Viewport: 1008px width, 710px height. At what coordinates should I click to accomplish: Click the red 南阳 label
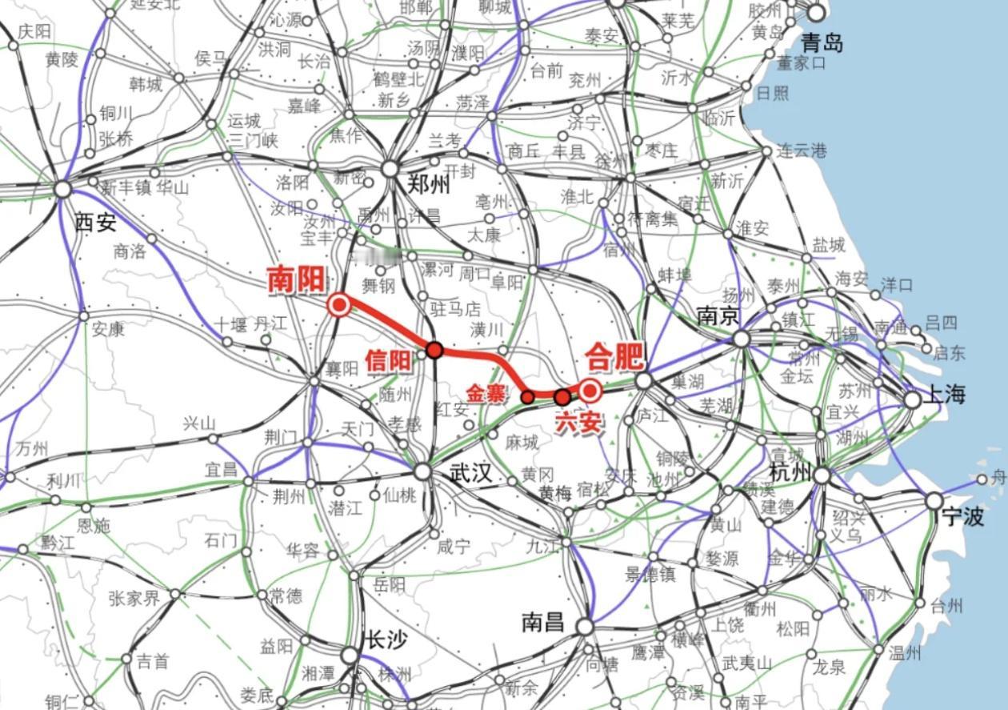click(x=296, y=279)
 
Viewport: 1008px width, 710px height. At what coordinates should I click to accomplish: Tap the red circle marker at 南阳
click(x=339, y=305)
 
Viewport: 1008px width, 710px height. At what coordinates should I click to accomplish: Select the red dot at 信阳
click(x=434, y=350)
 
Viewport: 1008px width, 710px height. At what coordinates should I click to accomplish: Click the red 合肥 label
click(x=614, y=356)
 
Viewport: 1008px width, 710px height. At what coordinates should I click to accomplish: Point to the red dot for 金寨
click(x=528, y=396)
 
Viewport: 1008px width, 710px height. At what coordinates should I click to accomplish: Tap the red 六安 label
click(x=578, y=422)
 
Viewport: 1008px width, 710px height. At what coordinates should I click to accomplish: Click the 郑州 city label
click(x=429, y=185)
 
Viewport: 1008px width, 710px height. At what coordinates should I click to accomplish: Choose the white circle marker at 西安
click(x=63, y=189)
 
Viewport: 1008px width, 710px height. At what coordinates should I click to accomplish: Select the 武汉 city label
click(x=470, y=472)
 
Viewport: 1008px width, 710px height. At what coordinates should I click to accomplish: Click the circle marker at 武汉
click(x=423, y=472)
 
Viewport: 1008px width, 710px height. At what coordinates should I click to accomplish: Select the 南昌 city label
click(x=543, y=622)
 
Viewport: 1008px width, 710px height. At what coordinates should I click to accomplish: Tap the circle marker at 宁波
click(x=934, y=501)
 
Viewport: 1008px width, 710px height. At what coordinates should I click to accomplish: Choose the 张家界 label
click(x=134, y=597)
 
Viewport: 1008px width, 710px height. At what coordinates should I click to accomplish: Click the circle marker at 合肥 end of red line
click(x=590, y=391)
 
